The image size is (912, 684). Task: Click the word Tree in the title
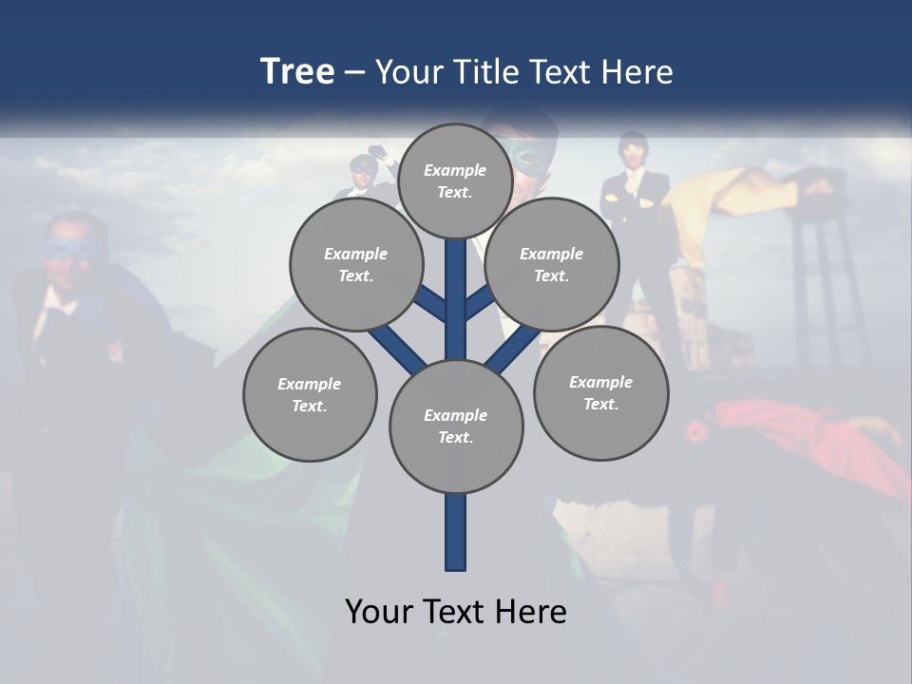pyautogui.click(x=297, y=72)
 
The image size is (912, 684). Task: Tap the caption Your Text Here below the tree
pyautogui.click(x=456, y=612)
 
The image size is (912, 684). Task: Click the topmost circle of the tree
pyautogui.click(x=455, y=180)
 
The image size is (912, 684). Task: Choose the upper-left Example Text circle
pyautogui.click(x=355, y=265)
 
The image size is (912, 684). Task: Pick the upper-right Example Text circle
pyautogui.click(x=552, y=265)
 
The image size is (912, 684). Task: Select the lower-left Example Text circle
pyautogui.click(x=310, y=394)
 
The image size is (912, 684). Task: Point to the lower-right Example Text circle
pyautogui.click(x=600, y=392)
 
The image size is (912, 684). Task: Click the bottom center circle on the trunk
pyautogui.click(x=456, y=427)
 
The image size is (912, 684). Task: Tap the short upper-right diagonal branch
pyautogui.click(x=479, y=304)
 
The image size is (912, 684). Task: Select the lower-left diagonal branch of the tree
pyautogui.click(x=397, y=348)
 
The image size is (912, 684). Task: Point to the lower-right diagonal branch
pyautogui.click(x=513, y=348)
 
